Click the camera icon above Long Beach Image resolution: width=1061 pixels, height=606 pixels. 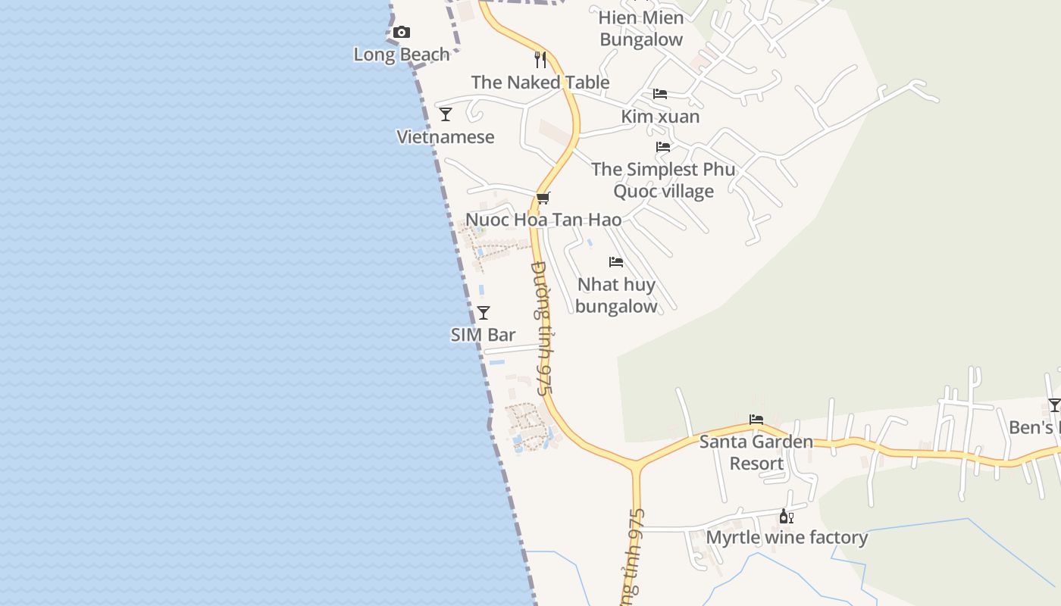(402, 32)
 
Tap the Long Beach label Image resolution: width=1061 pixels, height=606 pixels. (402, 55)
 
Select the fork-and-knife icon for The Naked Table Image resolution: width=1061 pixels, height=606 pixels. (540, 60)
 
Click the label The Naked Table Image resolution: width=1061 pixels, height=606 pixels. (540, 82)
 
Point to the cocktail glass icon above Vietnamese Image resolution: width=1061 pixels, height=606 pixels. (446, 114)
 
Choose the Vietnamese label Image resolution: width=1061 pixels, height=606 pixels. (446, 137)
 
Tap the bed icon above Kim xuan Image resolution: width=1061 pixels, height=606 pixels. (660, 94)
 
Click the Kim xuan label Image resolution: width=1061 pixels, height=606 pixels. (660, 117)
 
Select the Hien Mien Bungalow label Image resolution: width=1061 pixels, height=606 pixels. (641, 29)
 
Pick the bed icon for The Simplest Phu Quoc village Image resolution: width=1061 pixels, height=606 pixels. (663, 147)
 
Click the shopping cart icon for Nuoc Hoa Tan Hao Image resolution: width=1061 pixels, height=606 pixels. (543, 198)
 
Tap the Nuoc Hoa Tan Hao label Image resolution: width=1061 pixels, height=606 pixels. (543, 220)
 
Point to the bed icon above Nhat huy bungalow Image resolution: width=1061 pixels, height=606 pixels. (616, 262)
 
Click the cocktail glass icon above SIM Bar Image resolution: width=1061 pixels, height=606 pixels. (484, 313)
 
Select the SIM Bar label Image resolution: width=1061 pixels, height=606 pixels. (484, 335)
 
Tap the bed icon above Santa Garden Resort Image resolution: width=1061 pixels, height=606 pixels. (756, 419)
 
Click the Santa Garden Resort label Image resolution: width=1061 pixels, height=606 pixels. (756, 452)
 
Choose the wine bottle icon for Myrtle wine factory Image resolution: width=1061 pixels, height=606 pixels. (787, 517)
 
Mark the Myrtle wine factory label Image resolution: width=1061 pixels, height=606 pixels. (787, 538)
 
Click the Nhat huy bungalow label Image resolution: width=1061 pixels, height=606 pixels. (616, 295)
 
